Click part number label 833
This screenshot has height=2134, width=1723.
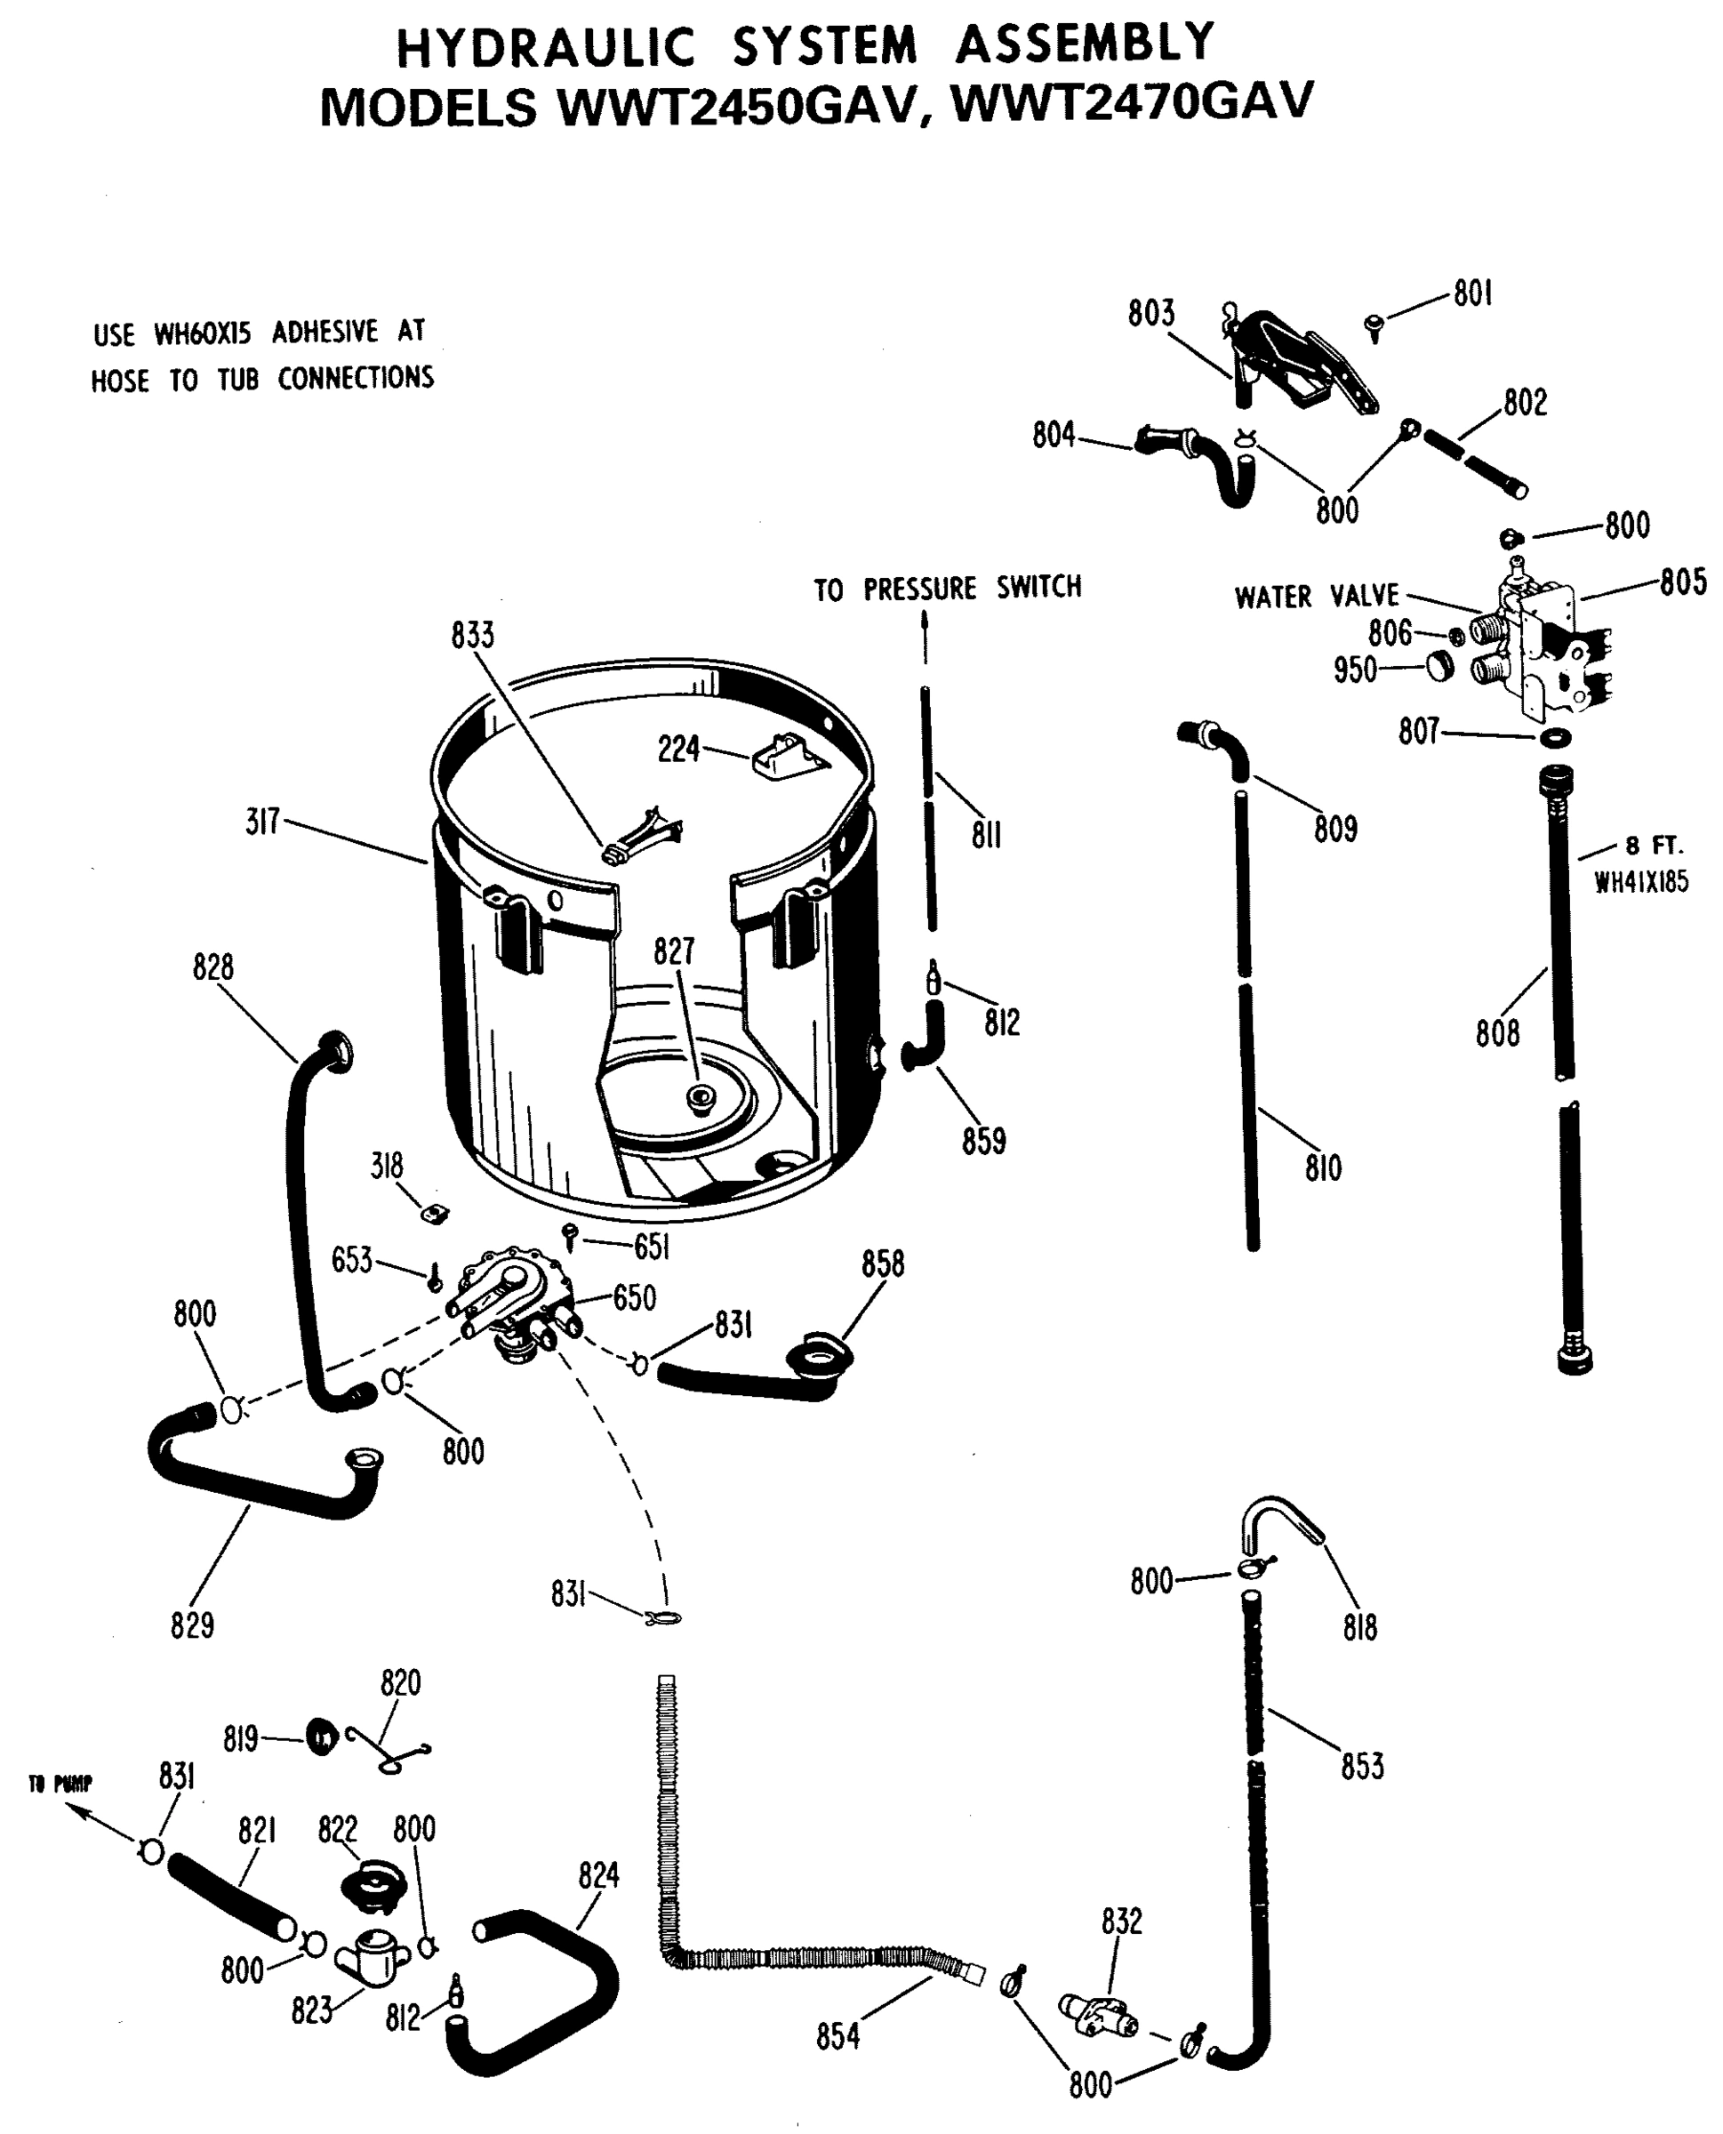pyautogui.click(x=471, y=635)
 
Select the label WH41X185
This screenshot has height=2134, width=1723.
pyautogui.click(x=1640, y=881)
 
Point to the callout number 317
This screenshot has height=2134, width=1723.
pyautogui.click(x=263, y=822)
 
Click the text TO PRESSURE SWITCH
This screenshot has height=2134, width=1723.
pyautogui.click(x=947, y=589)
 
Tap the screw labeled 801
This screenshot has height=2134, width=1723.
pyautogui.click(x=1374, y=325)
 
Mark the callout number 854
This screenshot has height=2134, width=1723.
pyautogui.click(x=837, y=2035)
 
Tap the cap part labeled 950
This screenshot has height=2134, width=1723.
pyautogui.click(x=1440, y=665)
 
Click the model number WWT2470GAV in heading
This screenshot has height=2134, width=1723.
pyautogui.click(x=1132, y=102)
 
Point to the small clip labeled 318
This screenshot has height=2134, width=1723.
pyautogui.click(x=433, y=1212)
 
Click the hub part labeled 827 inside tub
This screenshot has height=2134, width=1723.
pyautogui.click(x=701, y=1098)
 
